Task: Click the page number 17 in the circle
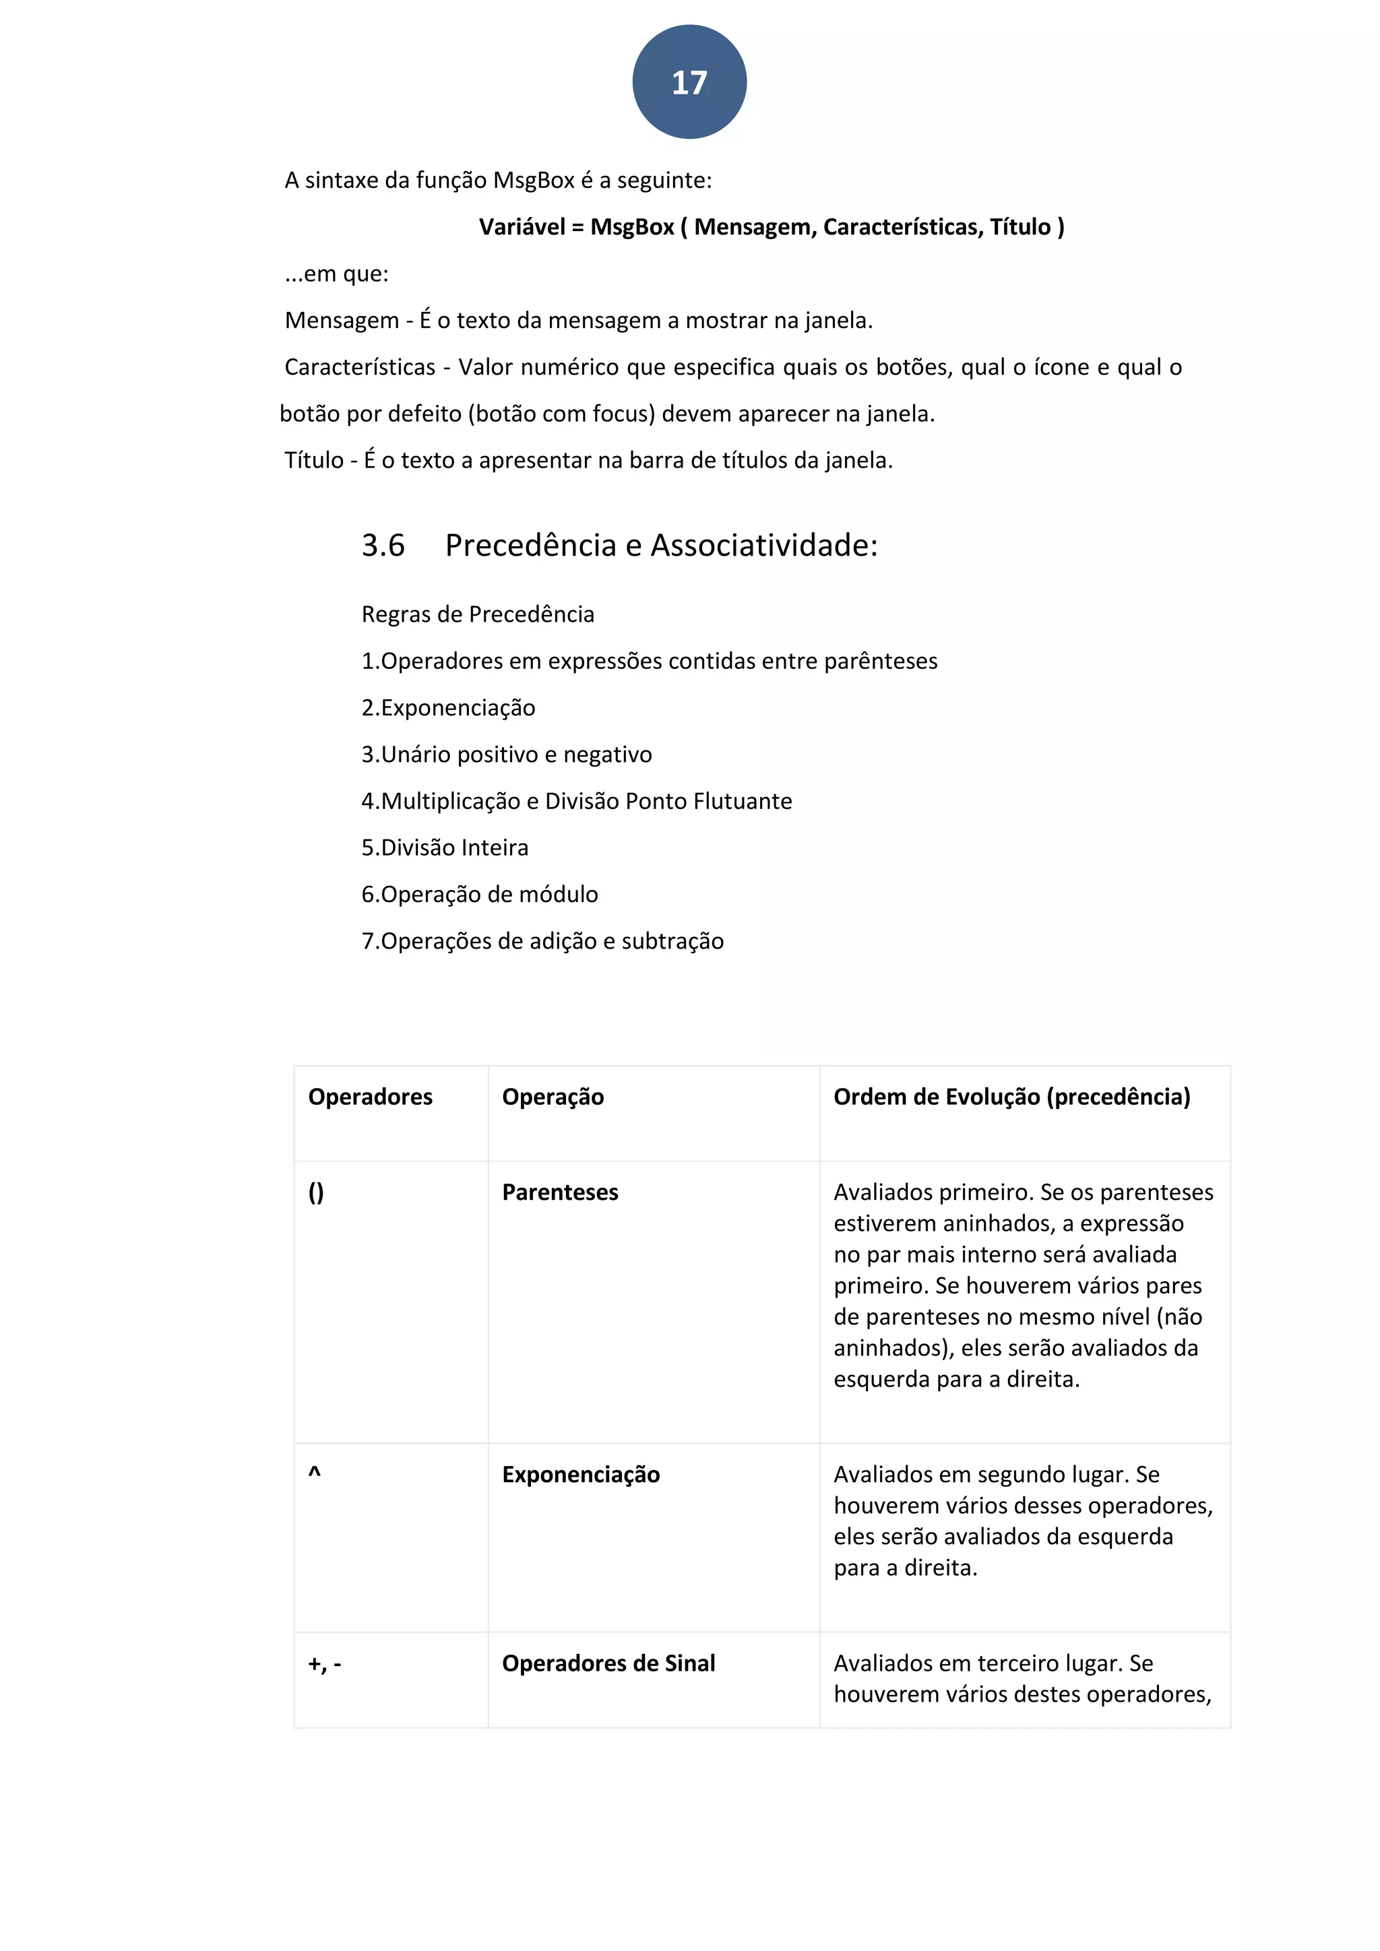[x=689, y=82]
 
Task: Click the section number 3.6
[x=383, y=546]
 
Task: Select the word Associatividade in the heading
[x=763, y=546]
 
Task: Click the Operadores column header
[x=370, y=1096]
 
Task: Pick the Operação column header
[x=553, y=1096]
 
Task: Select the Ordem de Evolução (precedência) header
[x=1011, y=1096]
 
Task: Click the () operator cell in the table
[x=316, y=1192]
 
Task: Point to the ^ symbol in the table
[x=315, y=1473]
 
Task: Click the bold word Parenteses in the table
[x=560, y=1192]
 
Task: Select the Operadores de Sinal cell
[x=608, y=1663]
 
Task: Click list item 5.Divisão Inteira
[x=445, y=847]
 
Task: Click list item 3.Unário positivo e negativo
[x=507, y=755]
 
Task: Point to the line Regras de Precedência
[x=478, y=614]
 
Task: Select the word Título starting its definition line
[x=313, y=461]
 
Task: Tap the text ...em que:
[x=336, y=274]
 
